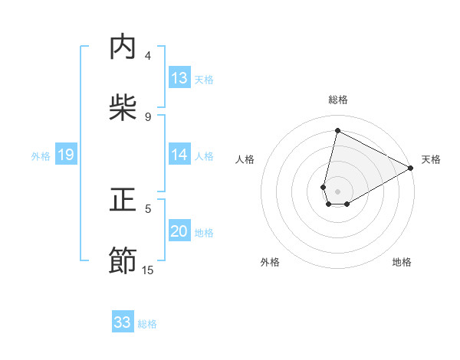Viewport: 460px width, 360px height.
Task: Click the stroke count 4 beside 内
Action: click(x=148, y=56)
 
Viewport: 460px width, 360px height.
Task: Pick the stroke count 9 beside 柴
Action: click(x=148, y=116)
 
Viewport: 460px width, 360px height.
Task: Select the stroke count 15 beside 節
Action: click(x=148, y=270)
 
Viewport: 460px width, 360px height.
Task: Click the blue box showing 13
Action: click(x=179, y=78)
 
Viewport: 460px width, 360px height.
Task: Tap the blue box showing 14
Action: click(x=179, y=155)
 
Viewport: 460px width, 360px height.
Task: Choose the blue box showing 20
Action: click(x=179, y=231)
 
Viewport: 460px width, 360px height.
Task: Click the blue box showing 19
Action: click(x=66, y=155)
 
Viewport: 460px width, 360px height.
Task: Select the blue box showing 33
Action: click(x=123, y=322)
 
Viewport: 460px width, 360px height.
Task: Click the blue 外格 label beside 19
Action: click(x=41, y=156)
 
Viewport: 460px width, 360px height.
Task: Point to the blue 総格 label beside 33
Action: click(x=147, y=324)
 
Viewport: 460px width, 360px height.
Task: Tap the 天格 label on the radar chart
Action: click(x=431, y=159)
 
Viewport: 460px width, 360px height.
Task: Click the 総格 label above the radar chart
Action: click(x=337, y=100)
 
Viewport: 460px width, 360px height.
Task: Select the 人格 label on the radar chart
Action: click(x=245, y=159)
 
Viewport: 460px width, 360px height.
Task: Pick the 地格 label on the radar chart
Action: click(x=402, y=262)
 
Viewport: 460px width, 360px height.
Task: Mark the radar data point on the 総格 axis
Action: click(x=337, y=130)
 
